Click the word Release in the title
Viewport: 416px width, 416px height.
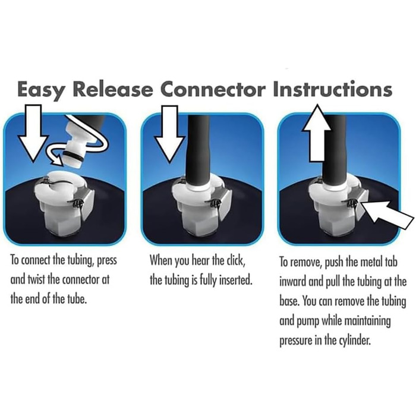pyautogui.click(x=113, y=89)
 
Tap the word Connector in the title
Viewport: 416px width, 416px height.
pyautogui.click(x=213, y=89)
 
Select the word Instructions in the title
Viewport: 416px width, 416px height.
pyautogui.click(x=332, y=89)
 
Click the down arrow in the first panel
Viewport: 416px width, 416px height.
pyautogui.click(x=33, y=133)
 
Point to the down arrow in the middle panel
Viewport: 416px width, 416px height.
pyautogui.click(x=169, y=134)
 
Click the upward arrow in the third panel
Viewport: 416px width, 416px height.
pyautogui.click(x=317, y=133)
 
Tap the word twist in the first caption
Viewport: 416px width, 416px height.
pyautogui.click(x=36, y=280)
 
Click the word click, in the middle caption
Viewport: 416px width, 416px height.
pyautogui.click(x=235, y=260)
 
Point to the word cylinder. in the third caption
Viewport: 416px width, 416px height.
pyautogui.click(x=354, y=341)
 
